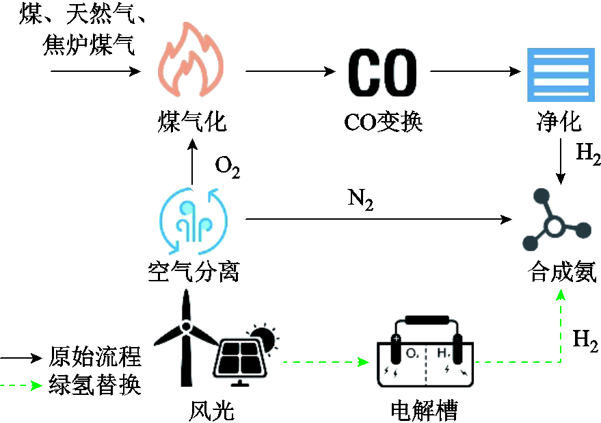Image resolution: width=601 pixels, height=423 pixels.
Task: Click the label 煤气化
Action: click(x=191, y=122)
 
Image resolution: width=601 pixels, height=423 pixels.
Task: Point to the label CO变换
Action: click(x=384, y=122)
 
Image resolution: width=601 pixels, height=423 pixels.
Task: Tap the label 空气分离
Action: click(x=193, y=272)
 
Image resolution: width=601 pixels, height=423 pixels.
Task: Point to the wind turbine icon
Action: click(x=185, y=329)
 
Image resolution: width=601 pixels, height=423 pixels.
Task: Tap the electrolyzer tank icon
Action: click(x=425, y=352)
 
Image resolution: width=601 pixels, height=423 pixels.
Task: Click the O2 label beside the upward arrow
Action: click(x=228, y=166)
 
